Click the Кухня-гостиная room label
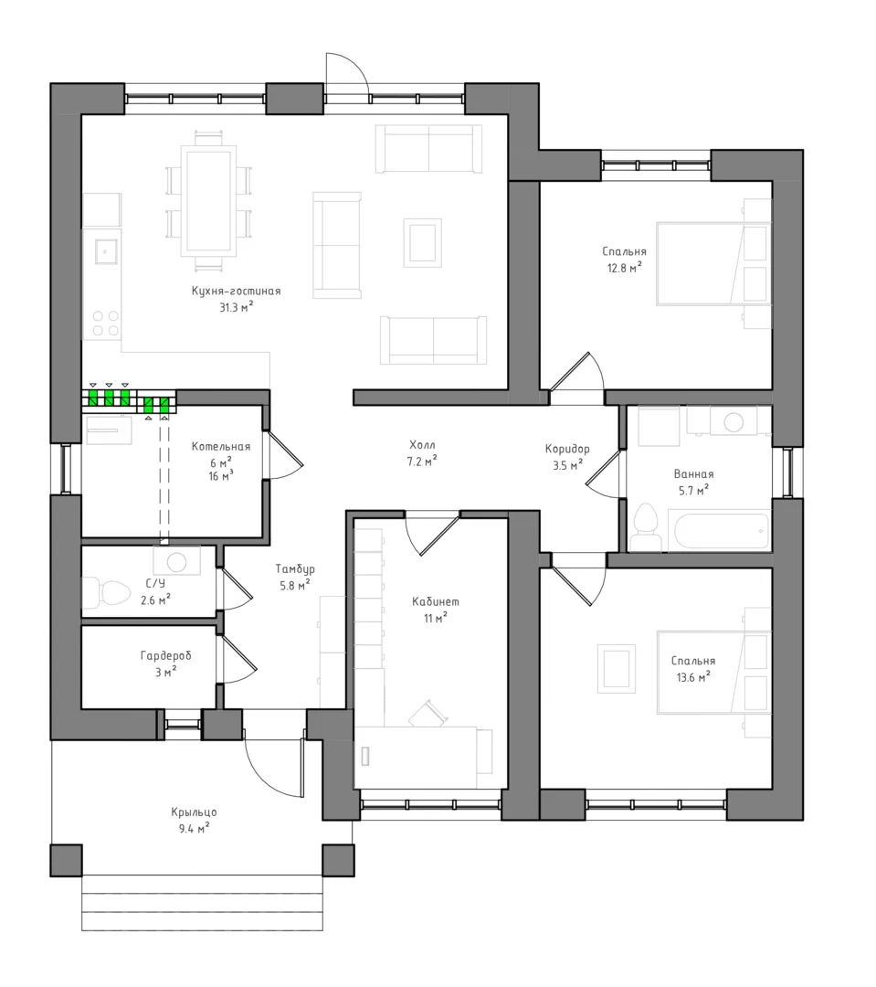(236, 291)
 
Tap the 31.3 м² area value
(236, 307)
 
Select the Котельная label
(221, 446)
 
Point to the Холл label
(422, 445)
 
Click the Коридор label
(567, 449)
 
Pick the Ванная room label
(693, 474)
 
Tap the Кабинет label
(436, 601)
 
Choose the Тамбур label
(295, 569)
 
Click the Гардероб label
(165, 656)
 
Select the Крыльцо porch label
(194, 812)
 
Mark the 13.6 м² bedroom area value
(693, 677)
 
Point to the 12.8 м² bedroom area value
(624, 268)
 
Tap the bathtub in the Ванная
(722, 531)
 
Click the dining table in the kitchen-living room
(208, 199)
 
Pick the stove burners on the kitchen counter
(106, 323)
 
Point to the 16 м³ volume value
(221, 476)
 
